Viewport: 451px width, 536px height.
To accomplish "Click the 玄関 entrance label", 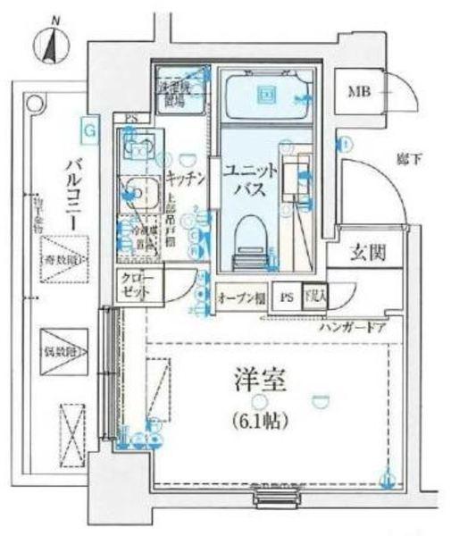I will [x=367, y=254].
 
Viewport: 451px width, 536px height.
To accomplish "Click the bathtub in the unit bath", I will [x=265, y=95].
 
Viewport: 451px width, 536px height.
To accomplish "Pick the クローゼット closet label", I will [x=138, y=286].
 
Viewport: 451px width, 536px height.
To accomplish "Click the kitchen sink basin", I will [x=139, y=188].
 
